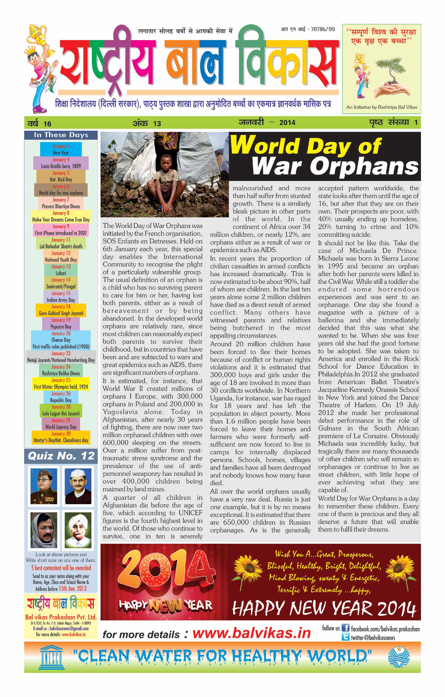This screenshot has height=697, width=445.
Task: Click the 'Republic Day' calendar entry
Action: pyautogui.click(x=61, y=400)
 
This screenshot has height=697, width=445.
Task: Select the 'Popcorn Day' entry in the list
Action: pyautogui.click(x=61, y=327)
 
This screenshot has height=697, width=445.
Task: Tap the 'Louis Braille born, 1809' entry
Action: pyautogui.click(x=61, y=166)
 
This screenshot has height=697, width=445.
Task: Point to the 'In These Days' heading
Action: pyautogui.click(x=61, y=135)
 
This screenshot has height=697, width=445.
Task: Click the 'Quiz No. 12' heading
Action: pyautogui.click(x=61, y=456)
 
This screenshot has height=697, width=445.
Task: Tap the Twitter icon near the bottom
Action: pyautogui.click(x=345, y=637)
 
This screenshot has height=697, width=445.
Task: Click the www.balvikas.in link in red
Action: pyautogui.click(x=251, y=633)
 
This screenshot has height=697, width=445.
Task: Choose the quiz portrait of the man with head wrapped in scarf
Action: pyautogui.click(x=44, y=530)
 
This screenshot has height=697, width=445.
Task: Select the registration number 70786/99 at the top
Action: pyautogui.click(x=323, y=29)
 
